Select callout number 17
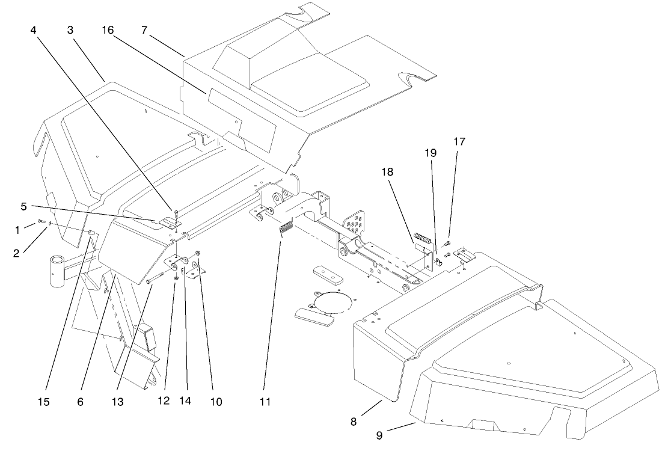(459, 142)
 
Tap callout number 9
(379, 436)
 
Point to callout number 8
(354, 422)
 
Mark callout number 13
(118, 400)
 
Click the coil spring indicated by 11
(286, 230)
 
